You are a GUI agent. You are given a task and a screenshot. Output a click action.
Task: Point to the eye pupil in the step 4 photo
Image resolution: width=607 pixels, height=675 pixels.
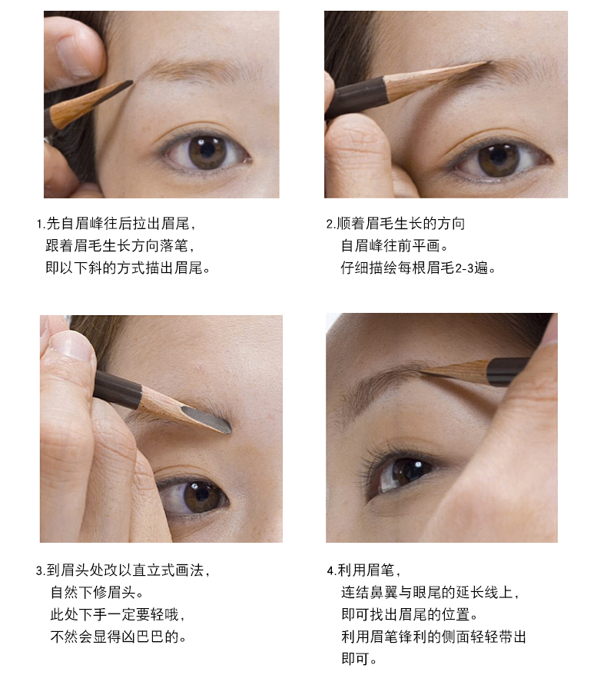coord(403,471)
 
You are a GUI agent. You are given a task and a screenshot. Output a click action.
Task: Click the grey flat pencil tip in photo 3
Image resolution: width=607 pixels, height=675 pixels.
coord(211,419)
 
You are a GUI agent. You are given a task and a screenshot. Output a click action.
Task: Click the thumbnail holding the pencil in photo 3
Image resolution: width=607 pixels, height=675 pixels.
coord(71,345)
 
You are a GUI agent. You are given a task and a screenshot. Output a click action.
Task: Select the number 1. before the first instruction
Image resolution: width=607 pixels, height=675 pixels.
coord(41,224)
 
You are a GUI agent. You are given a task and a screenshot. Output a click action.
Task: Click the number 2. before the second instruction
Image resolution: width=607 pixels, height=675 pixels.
coord(331,224)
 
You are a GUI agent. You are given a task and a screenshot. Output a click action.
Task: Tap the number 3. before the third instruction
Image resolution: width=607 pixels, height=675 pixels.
coord(41,571)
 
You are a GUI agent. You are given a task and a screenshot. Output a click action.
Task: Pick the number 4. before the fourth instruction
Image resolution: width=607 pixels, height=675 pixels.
coord(331,571)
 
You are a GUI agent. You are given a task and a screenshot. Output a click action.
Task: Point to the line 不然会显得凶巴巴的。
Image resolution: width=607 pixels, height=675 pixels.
coord(119,637)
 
